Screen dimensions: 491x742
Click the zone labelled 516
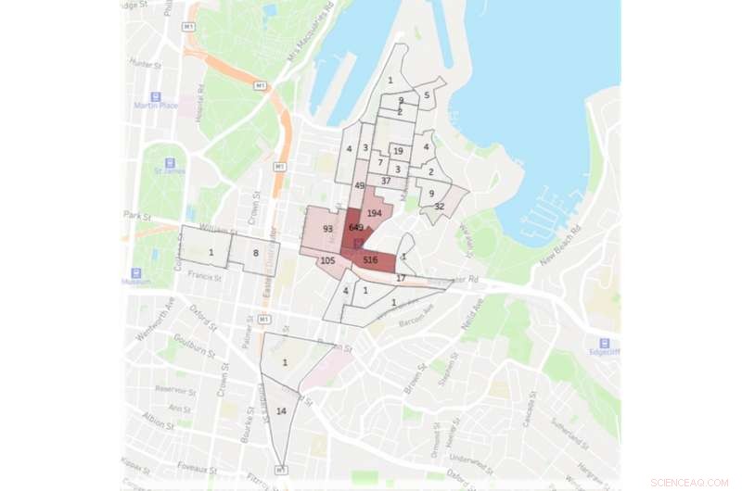click(371, 260)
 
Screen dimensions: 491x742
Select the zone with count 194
click(375, 214)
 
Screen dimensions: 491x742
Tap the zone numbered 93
click(327, 229)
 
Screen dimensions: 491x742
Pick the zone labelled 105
click(327, 261)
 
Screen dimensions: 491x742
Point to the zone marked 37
click(386, 182)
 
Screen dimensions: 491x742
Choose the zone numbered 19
click(398, 151)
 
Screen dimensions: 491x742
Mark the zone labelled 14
click(281, 409)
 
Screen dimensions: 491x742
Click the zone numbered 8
click(256, 252)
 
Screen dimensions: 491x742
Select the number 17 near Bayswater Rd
click(401, 278)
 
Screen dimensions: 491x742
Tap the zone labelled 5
click(428, 94)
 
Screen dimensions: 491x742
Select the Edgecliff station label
click(604, 351)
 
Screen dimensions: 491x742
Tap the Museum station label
click(135, 282)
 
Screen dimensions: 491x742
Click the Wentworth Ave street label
click(150, 319)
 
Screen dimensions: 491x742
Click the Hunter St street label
click(149, 64)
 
